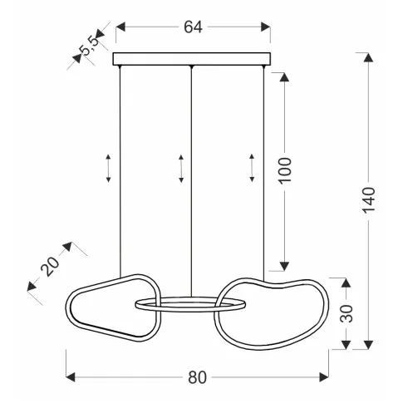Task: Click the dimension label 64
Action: (193, 27)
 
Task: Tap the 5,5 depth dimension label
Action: (89, 46)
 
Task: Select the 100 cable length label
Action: (285, 170)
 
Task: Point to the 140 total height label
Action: (369, 200)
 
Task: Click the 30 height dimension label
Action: (346, 313)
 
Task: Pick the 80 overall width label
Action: (197, 377)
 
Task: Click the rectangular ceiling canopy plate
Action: (192, 59)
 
